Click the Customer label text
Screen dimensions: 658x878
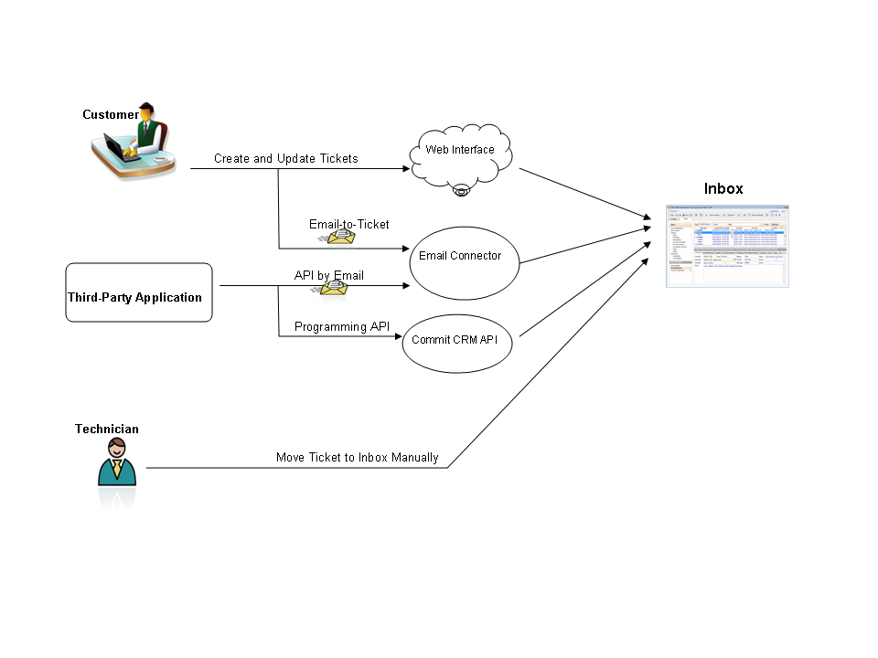click(x=111, y=115)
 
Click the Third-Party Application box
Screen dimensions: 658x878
click(x=139, y=292)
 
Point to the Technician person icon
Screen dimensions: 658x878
click(x=117, y=462)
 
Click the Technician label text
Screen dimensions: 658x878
click(x=107, y=429)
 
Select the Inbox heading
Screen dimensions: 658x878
click(x=723, y=189)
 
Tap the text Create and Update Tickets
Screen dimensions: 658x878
click(x=286, y=159)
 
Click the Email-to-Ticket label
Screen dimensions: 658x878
click(x=348, y=224)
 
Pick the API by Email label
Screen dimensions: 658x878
click(x=328, y=275)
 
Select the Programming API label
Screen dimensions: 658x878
click(x=342, y=326)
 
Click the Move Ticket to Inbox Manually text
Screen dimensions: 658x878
click(x=358, y=457)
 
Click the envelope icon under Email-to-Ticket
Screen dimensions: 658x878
click(x=339, y=237)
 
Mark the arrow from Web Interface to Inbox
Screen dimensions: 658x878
click(x=585, y=196)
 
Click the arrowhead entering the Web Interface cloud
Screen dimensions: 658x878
click(x=408, y=168)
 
